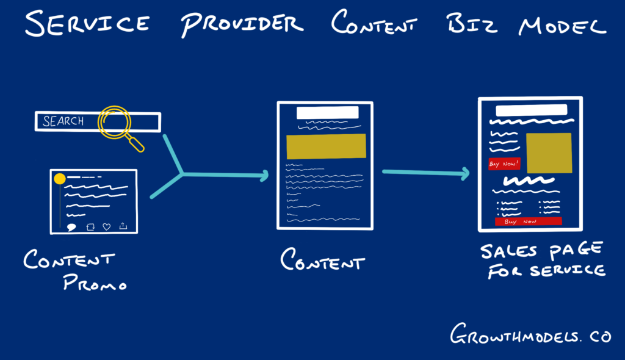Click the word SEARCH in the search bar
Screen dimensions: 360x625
tap(63, 121)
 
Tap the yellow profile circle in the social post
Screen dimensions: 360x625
tap(60, 179)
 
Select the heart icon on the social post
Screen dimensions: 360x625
tap(107, 226)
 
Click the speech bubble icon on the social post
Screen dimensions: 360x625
tap(71, 227)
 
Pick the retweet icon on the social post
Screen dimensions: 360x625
tap(90, 226)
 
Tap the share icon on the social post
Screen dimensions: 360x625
tap(123, 226)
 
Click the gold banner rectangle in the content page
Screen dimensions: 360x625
tap(326, 146)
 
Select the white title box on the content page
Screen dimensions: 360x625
tap(327, 113)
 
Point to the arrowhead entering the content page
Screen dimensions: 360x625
tap(264, 176)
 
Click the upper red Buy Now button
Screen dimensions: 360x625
tap(504, 164)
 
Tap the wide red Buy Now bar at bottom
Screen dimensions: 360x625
tap(528, 221)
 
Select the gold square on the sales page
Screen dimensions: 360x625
tap(549, 153)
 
